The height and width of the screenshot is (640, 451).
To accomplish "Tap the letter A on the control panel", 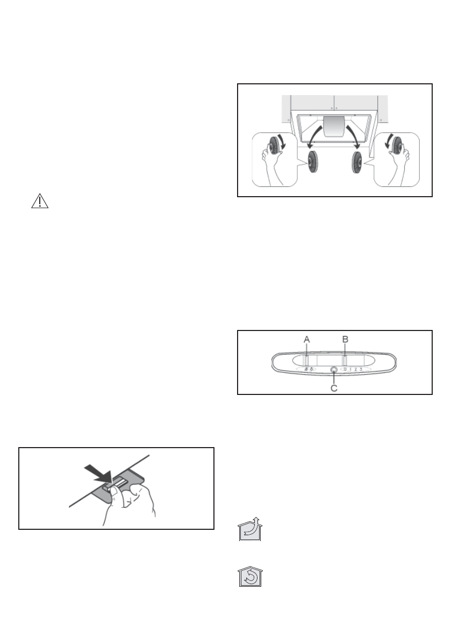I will [306, 340].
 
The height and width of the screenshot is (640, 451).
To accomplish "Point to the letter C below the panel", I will [334, 387].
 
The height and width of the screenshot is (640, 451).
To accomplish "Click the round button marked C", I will [334, 370].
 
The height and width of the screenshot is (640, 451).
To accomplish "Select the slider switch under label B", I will [345, 360].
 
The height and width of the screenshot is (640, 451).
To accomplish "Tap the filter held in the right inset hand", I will [397, 146].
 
